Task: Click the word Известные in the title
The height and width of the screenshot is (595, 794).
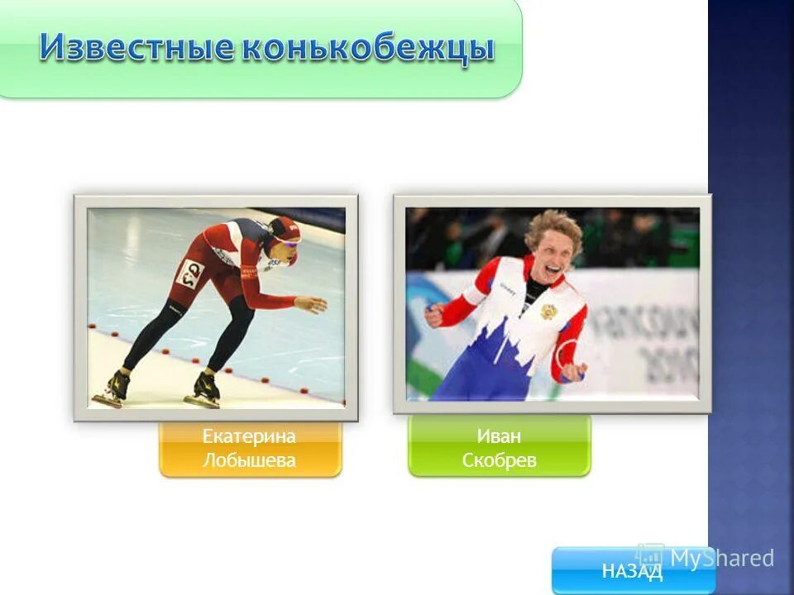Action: tap(136, 49)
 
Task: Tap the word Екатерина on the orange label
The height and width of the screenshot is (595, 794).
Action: tap(249, 436)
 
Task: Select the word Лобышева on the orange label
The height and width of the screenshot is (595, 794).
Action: tap(249, 461)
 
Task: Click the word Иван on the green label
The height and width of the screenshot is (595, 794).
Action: tap(499, 436)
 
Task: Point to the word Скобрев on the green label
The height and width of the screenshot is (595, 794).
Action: tap(499, 461)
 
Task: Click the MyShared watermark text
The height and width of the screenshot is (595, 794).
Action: tap(721, 559)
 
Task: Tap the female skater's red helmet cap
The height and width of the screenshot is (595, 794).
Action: tap(285, 227)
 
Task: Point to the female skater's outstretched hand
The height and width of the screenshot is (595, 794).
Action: tap(313, 305)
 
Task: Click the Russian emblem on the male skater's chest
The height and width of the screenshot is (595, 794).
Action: tap(546, 312)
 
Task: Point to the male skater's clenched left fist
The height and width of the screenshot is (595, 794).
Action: tap(434, 314)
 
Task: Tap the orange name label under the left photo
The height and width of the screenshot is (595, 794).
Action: tap(250, 449)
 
